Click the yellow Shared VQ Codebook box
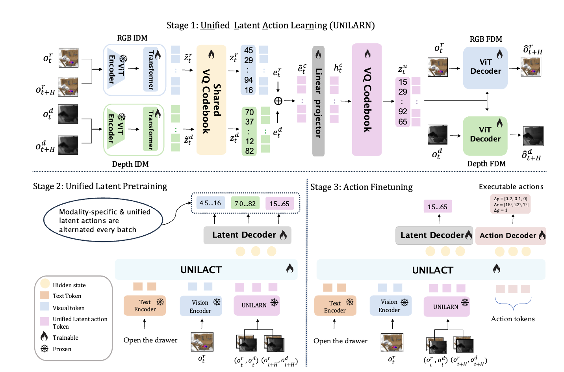[x=211, y=100]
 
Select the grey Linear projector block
[x=318, y=101]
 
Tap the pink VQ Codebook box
[x=367, y=100]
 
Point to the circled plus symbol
[x=278, y=101]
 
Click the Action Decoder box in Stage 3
[x=510, y=236]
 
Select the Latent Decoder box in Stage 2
[x=247, y=235]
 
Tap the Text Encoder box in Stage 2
[x=145, y=306]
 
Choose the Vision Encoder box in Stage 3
[x=390, y=306]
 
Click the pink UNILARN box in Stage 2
[x=257, y=305]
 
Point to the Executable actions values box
[x=510, y=204]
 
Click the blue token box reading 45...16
[x=210, y=203]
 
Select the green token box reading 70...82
[x=245, y=204]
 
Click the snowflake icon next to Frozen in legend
[x=45, y=349]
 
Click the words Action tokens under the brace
[x=512, y=319]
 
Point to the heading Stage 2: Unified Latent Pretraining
[x=100, y=186]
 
